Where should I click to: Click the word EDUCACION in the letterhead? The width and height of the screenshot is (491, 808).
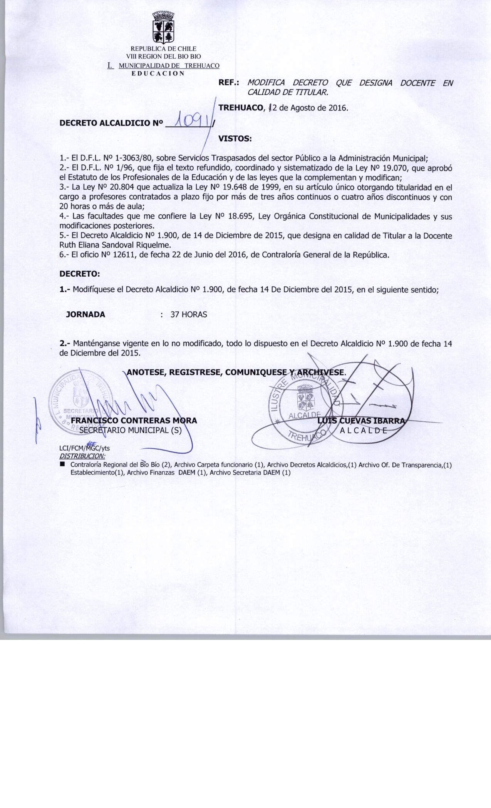coord(158,73)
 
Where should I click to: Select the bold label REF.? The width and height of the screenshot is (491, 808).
coord(229,83)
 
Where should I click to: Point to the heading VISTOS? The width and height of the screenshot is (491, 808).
coord(235,139)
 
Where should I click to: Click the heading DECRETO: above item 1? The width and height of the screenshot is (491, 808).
coord(79,274)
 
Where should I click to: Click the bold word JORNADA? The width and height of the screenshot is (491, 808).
coord(85,314)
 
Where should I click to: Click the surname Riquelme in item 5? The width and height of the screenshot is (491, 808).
coord(154,245)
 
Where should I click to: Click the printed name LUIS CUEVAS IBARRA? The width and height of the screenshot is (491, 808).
coord(361,421)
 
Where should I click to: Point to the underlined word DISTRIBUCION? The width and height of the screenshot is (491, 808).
coord(82,456)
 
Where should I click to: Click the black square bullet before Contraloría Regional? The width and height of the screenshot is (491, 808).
coord(62,464)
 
